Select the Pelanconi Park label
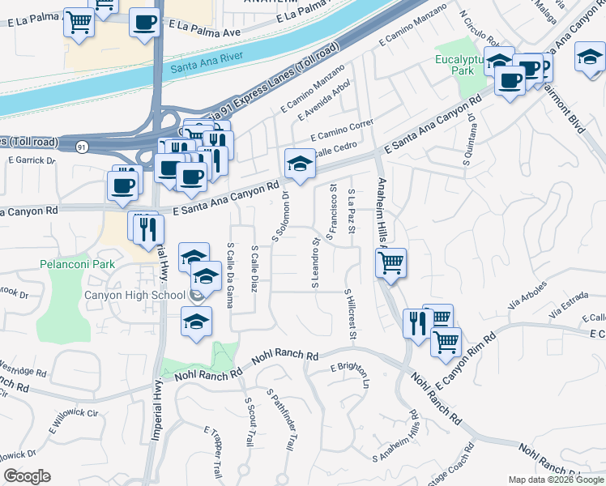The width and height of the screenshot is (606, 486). (x=77, y=264)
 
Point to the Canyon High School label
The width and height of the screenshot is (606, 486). (x=134, y=295)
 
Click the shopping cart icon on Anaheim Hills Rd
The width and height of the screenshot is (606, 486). (x=391, y=262)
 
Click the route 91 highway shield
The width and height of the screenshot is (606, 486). (x=83, y=147)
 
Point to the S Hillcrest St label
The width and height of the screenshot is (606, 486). (x=351, y=314)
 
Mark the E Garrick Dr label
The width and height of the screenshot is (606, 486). (x=32, y=160)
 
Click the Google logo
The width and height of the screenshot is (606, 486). (x=26, y=476)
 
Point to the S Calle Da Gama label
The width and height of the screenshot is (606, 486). (x=231, y=267)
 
